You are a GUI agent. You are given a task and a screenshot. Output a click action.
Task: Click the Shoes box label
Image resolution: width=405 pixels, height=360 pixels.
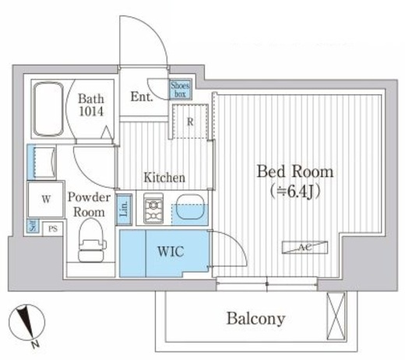pyautogui.click(x=181, y=90)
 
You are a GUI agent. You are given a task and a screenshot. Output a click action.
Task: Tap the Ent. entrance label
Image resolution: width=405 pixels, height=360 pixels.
pyautogui.click(x=142, y=97)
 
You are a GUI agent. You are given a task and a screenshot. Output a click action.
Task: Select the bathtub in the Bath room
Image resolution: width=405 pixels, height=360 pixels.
pyautogui.click(x=48, y=109)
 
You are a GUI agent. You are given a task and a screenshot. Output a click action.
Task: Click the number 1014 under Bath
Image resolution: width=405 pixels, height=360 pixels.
pyautogui.click(x=91, y=111)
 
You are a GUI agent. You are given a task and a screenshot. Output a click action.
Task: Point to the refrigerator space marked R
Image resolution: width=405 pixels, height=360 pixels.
pyautogui.click(x=190, y=122)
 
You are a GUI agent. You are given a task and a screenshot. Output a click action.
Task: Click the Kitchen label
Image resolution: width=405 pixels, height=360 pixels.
pyautogui.click(x=164, y=178)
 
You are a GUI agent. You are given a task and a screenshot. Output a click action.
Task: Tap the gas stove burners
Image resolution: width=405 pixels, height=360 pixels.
pyautogui.click(x=153, y=209)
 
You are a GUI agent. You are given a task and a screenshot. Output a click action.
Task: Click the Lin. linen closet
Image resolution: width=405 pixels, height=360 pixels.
pyautogui.click(x=125, y=210)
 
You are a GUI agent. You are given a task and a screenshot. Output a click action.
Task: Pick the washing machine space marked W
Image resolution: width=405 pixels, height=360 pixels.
pyautogui.click(x=46, y=199)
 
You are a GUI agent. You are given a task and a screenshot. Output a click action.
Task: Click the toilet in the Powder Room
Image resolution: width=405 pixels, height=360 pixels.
pyautogui.click(x=91, y=240)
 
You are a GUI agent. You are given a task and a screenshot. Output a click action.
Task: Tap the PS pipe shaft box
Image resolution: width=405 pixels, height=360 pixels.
pyautogui.click(x=53, y=229)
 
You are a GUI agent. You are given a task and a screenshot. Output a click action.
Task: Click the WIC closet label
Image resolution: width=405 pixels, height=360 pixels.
pyautogui.click(x=171, y=251)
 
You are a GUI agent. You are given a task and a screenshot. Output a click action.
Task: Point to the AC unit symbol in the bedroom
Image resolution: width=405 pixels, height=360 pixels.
pyautogui.click(x=305, y=248)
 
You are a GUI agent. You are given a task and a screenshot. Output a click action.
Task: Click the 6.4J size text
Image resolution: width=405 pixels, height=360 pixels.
pyautogui.click(x=295, y=192)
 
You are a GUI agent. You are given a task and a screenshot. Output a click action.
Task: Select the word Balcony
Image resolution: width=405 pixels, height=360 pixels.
pyautogui.click(x=256, y=319)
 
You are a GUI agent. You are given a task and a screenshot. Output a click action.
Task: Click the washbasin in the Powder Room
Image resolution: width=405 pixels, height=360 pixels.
pyautogui.click(x=42, y=162)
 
